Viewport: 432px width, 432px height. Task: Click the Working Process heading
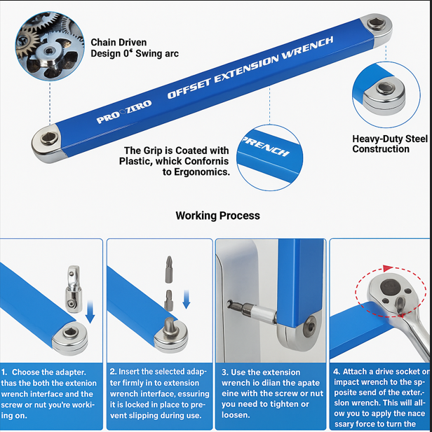click(x=217, y=216)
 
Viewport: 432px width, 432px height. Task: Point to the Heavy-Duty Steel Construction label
click(x=390, y=144)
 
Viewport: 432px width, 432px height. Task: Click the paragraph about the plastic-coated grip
click(x=175, y=161)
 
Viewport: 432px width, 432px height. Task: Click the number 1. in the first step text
click(x=6, y=372)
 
